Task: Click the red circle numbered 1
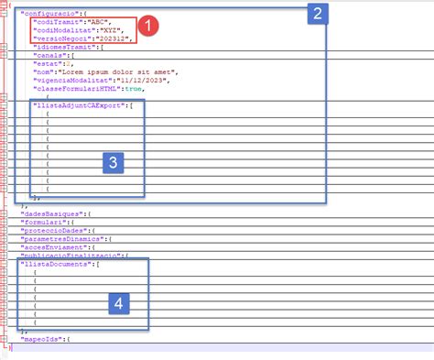(x=153, y=28)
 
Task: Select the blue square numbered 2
(x=317, y=13)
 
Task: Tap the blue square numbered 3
(x=112, y=162)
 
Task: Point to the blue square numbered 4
(x=116, y=302)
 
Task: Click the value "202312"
(x=118, y=39)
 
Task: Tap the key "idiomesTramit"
(x=63, y=48)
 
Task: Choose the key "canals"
(x=47, y=56)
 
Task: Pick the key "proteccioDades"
(x=59, y=230)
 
